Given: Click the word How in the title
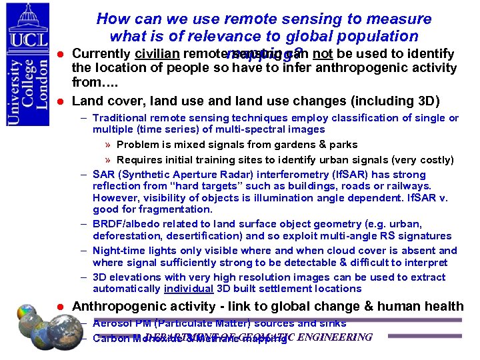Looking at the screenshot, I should [x=112, y=20].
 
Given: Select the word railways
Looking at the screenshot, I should [x=409, y=186].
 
